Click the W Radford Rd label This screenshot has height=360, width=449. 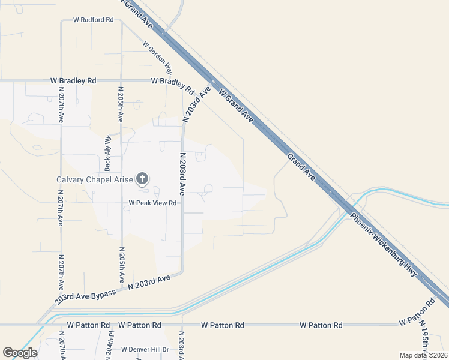point(93,20)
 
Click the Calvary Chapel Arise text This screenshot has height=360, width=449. point(94,179)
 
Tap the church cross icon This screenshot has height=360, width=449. point(142,178)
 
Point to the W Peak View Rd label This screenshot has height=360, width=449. point(152,203)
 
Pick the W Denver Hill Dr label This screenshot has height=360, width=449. point(145,349)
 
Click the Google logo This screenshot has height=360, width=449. point(20,353)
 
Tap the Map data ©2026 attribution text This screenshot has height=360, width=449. point(423,355)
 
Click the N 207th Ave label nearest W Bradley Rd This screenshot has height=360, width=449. point(61,104)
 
